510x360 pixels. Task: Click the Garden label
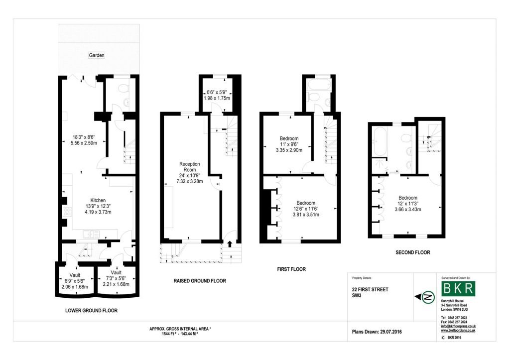click(97, 55)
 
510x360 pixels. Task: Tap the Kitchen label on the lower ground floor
click(98, 200)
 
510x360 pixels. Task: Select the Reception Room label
click(190, 167)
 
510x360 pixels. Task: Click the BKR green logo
click(458, 288)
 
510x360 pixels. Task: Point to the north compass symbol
click(428, 297)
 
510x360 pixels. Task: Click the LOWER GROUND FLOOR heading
click(92, 311)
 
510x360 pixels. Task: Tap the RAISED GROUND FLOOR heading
click(200, 281)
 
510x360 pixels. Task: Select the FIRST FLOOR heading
click(291, 269)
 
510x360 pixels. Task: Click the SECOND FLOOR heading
click(413, 252)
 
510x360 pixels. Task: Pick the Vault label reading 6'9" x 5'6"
click(75, 275)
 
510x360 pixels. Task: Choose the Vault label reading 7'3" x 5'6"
click(116, 272)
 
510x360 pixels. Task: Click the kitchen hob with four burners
click(67, 212)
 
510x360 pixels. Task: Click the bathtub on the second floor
click(380, 141)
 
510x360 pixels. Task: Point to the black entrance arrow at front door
click(230, 244)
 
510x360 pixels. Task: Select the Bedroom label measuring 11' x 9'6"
click(289, 138)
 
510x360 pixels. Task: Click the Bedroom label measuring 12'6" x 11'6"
click(306, 203)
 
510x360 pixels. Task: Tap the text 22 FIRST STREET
click(370, 289)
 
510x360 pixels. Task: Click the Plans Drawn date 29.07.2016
click(390, 332)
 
